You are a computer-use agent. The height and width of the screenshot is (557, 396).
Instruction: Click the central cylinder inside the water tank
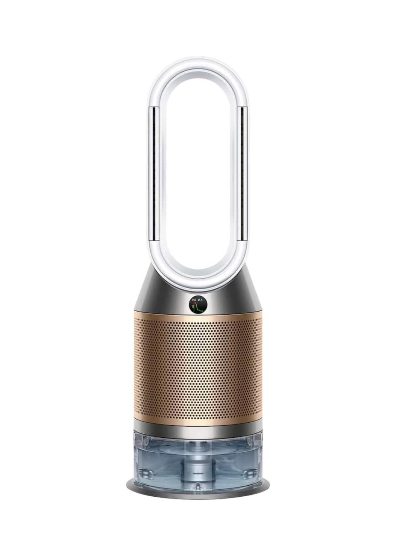click(x=198, y=464)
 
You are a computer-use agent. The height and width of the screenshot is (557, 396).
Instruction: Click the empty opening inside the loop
click(x=198, y=168)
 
